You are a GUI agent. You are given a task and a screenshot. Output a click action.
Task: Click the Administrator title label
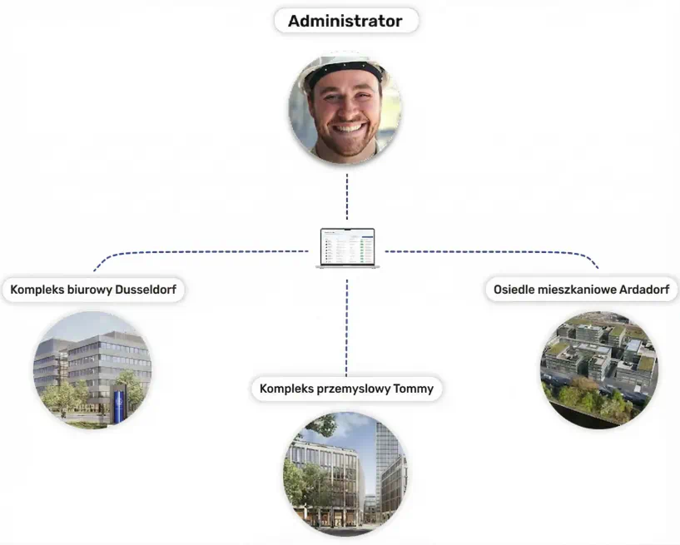click(x=345, y=21)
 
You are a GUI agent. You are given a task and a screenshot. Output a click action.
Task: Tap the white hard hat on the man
click(x=345, y=68)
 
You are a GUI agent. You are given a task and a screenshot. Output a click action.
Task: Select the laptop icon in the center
click(x=347, y=249)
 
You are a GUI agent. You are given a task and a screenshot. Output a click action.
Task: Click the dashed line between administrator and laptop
click(x=347, y=197)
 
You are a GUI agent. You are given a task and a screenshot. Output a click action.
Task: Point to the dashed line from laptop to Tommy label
click(x=346, y=327)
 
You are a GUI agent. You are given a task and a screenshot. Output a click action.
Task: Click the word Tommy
click(x=413, y=389)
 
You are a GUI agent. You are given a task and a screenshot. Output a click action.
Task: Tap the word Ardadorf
click(x=644, y=290)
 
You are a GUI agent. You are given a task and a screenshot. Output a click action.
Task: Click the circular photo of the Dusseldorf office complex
click(x=93, y=369)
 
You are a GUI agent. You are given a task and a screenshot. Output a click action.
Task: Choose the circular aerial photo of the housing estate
click(x=599, y=369)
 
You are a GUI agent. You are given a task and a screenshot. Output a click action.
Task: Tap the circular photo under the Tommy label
click(x=345, y=473)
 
